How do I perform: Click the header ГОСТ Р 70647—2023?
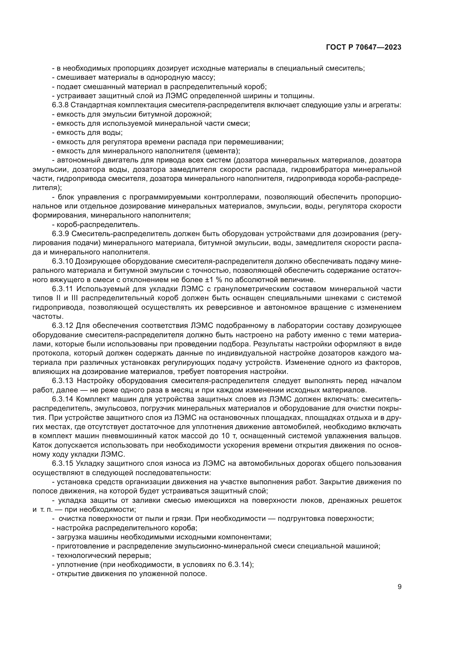(364, 47)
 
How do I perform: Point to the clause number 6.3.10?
(62, 261)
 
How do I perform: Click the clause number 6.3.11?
(62, 289)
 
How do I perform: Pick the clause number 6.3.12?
(62, 326)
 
